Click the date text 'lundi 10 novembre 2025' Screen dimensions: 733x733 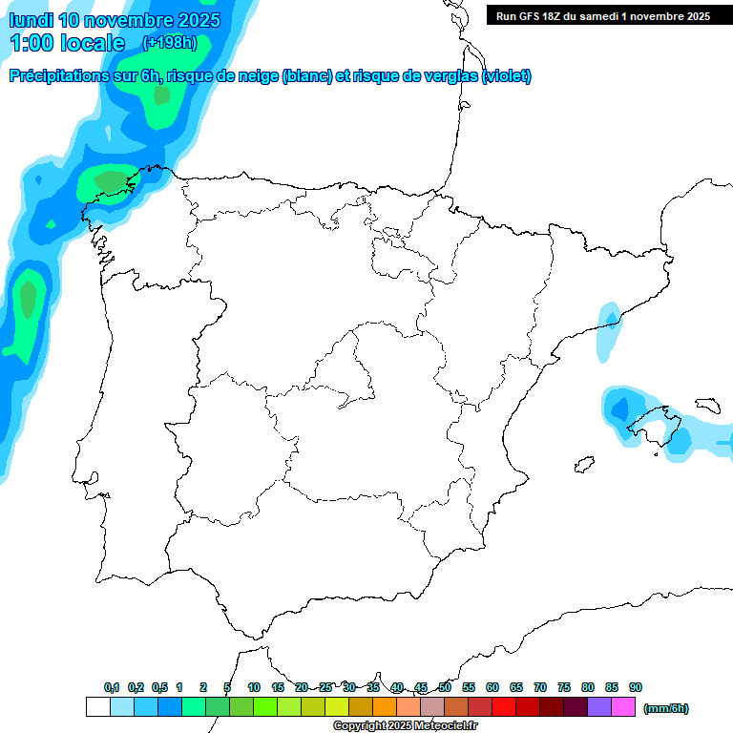point(115,20)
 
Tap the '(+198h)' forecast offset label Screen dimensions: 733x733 point(169,42)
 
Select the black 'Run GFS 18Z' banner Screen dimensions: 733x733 point(602,15)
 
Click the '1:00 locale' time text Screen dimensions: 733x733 point(67,43)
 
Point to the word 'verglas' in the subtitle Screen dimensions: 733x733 point(449,76)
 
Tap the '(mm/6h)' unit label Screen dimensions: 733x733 point(665,708)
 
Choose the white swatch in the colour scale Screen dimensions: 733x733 point(97,707)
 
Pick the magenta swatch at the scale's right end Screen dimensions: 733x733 point(623,707)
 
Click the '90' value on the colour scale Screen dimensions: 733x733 point(636,687)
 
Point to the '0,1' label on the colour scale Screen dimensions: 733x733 point(112,687)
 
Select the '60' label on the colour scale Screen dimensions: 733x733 point(492,687)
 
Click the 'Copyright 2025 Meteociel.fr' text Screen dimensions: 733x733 point(405,726)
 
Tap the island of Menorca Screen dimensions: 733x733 point(706,405)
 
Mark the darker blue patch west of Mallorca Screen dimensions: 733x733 point(619,409)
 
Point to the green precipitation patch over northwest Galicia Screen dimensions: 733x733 point(111,181)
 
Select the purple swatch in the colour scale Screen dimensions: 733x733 point(599,707)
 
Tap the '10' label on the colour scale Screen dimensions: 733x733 point(254,687)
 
